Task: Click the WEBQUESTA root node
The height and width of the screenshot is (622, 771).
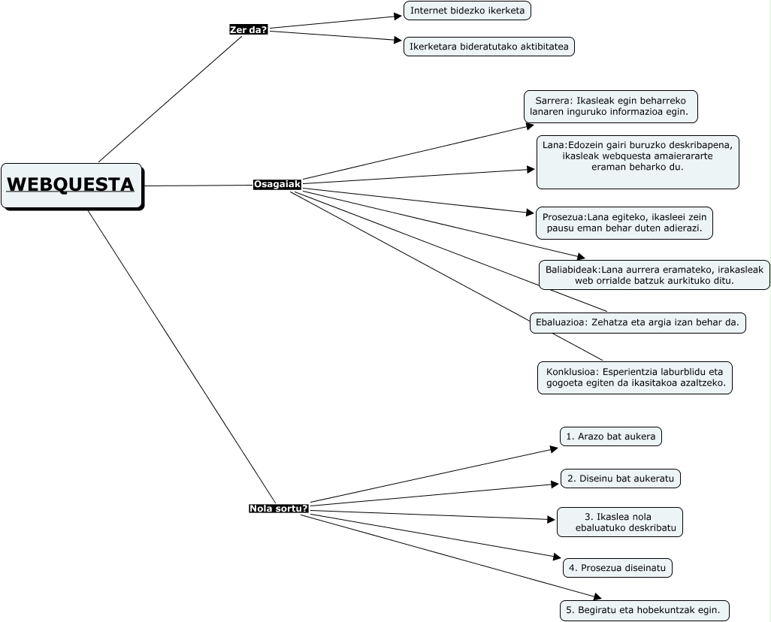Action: coord(71,185)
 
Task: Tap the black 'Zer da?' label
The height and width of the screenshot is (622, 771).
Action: coord(249,29)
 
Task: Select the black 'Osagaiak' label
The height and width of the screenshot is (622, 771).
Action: coord(277,184)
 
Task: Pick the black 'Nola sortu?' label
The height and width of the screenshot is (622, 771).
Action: coord(279,509)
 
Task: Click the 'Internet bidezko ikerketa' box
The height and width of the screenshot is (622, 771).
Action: coord(467,11)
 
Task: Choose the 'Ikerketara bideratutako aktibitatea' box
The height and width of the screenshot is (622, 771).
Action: coord(489,47)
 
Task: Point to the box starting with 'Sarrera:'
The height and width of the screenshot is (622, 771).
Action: coord(610,106)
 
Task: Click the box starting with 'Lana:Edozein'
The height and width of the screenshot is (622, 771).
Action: coord(637,162)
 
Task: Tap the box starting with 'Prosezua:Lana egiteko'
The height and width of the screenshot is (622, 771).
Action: coord(624,223)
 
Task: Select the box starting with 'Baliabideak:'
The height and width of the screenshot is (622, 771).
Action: coord(654,275)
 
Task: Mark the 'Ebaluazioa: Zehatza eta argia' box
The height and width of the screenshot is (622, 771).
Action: coord(637,323)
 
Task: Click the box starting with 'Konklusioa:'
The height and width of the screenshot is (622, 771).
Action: coord(635,377)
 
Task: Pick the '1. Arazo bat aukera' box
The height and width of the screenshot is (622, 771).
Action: coord(610,436)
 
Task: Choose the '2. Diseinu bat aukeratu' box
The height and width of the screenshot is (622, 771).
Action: coord(620,479)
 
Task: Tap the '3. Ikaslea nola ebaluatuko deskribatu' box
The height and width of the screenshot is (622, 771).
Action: coord(620,522)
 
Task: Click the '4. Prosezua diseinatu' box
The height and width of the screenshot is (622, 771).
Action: coord(617,568)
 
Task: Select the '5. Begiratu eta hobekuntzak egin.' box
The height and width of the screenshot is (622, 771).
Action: coord(644,610)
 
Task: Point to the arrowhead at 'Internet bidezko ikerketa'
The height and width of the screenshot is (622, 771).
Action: coord(399,16)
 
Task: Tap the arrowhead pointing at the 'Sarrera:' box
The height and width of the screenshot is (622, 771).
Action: coord(530,126)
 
